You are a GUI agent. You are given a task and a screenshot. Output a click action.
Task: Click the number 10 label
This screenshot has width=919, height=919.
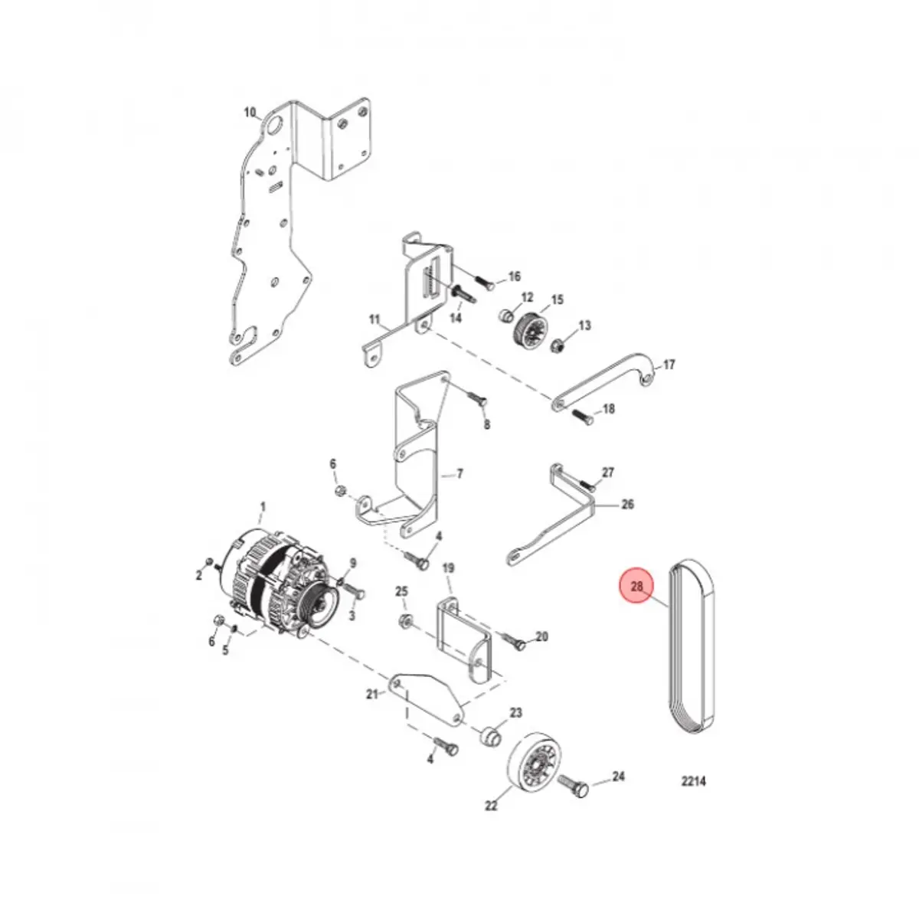click(x=250, y=113)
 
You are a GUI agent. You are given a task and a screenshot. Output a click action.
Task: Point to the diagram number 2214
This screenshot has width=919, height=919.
click(x=693, y=782)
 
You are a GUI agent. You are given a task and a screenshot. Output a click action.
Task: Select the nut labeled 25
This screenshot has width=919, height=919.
click(x=405, y=620)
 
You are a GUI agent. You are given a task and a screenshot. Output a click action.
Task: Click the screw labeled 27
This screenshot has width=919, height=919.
click(x=587, y=485)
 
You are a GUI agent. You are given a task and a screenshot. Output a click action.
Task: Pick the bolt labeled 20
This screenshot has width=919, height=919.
click(x=515, y=642)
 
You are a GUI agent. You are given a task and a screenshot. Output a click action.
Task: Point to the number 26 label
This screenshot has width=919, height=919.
click(x=626, y=505)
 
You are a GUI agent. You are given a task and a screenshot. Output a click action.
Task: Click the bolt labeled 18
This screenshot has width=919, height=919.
click(x=581, y=417)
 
